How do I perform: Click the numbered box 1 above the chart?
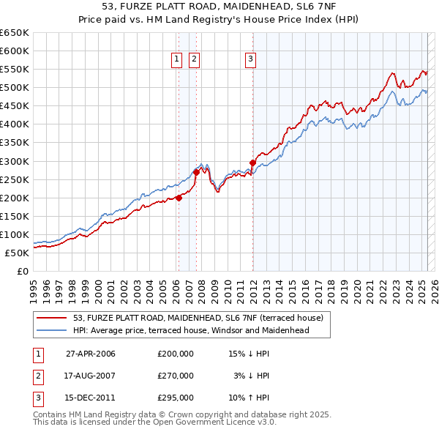click(177, 60)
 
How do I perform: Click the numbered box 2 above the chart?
click(194, 60)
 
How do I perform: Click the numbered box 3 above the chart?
click(250, 60)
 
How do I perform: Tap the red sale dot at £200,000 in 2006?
click(179, 197)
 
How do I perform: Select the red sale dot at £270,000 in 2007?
click(196, 172)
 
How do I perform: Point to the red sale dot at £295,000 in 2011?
click(252, 163)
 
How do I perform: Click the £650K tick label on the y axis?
click(15, 33)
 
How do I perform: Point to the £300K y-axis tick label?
click(15, 161)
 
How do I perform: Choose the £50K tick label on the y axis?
click(18, 253)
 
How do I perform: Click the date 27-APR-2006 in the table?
click(91, 354)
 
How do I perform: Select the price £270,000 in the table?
click(176, 376)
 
